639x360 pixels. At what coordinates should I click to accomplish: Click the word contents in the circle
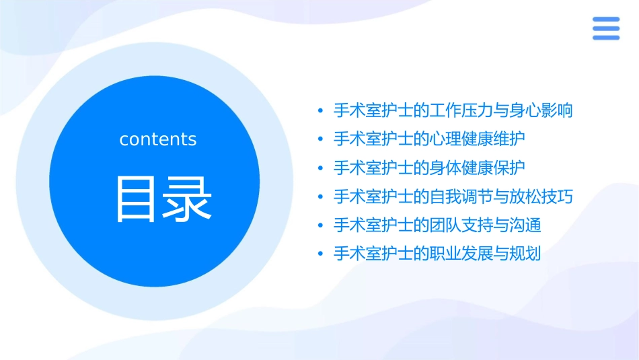click(158, 139)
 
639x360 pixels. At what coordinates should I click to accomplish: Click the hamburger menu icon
click(606, 28)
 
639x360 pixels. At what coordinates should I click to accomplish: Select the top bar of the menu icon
click(606, 20)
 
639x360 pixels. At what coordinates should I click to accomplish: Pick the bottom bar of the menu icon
click(606, 37)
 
